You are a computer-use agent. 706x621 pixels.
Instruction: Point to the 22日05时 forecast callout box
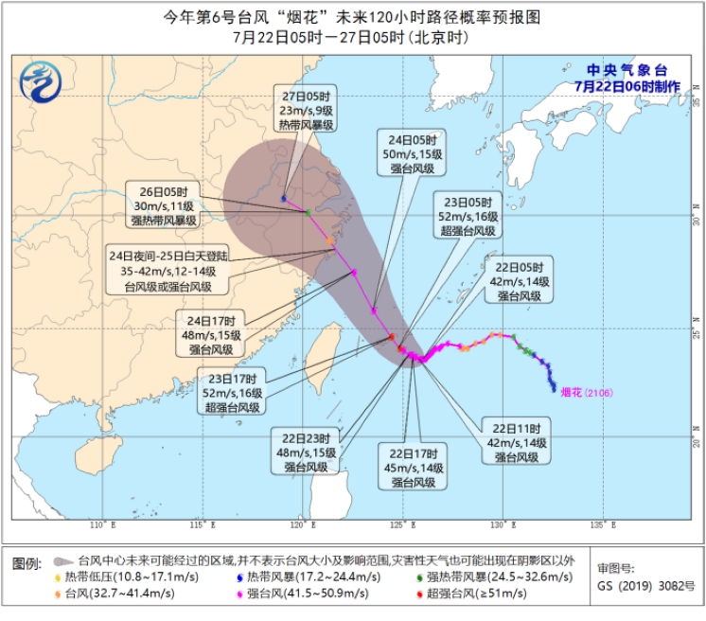point(518,281)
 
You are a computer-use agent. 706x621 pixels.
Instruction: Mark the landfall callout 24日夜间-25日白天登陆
point(168,270)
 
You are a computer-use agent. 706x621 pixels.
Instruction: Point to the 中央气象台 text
point(627,70)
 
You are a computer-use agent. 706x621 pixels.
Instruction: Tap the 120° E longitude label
point(302,523)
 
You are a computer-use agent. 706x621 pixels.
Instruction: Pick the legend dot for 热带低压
point(59,577)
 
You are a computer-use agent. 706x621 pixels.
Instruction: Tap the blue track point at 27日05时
point(284,198)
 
